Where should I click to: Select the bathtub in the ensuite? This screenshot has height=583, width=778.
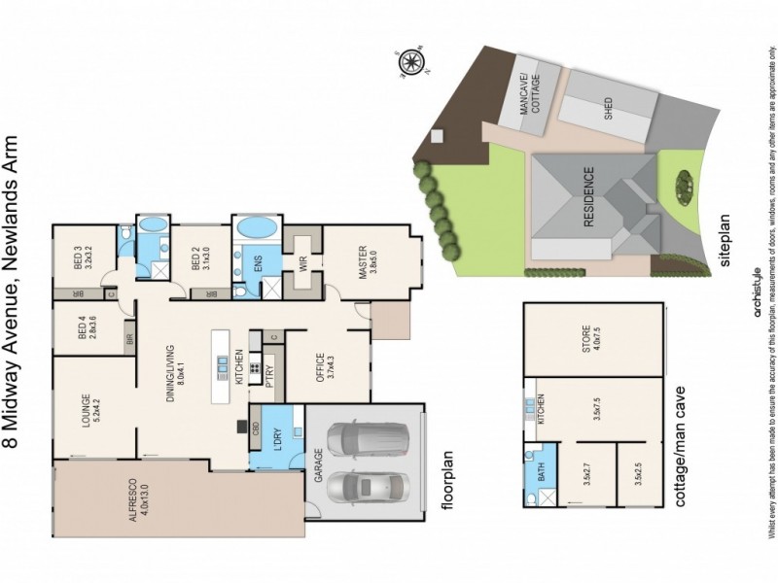[256, 229]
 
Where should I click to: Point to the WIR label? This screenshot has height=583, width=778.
[303, 263]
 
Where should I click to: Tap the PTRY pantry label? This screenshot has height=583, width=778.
[271, 373]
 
